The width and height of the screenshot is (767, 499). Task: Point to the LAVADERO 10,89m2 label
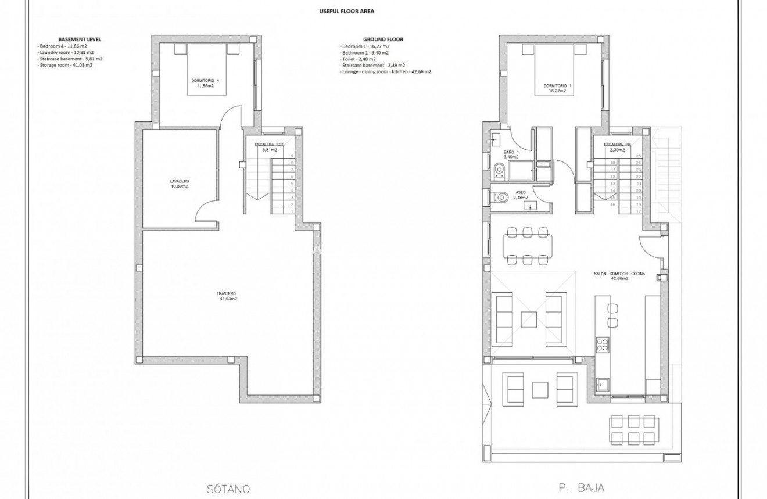179,184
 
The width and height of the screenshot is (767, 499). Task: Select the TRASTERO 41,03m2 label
227,296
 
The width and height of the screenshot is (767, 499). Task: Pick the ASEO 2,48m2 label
521,195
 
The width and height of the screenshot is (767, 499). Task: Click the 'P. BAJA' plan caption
578,489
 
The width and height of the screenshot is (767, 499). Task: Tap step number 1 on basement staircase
292,211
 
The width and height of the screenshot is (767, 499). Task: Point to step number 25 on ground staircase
639,156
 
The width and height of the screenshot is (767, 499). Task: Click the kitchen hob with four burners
602,344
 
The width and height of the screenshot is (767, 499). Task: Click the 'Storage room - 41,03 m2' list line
65,65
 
